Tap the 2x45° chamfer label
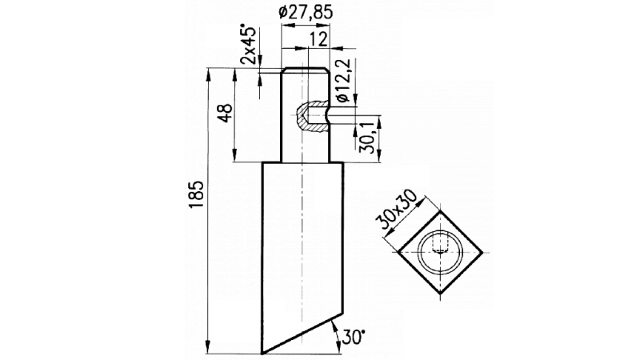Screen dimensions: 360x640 [249, 45]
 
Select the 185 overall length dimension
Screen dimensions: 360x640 [197, 197]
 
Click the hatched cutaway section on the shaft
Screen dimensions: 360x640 [302, 118]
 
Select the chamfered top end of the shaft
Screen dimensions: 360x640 [305, 70]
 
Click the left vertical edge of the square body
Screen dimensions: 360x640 [263, 256]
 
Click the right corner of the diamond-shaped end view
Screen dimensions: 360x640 [482, 250]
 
